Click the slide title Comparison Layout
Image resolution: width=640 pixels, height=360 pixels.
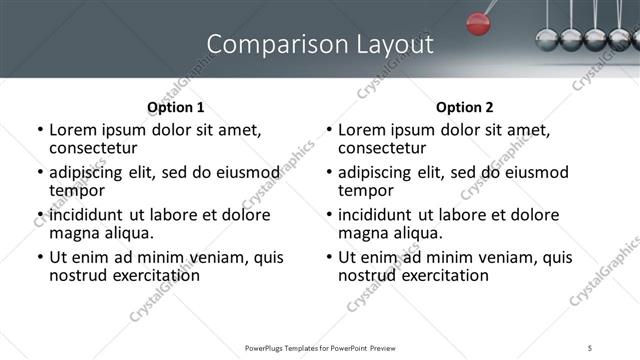click(320, 44)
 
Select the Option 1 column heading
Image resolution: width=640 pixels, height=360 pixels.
click(175, 107)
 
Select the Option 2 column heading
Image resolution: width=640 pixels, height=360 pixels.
click(464, 107)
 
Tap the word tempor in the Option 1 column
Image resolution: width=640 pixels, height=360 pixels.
click(77, 190)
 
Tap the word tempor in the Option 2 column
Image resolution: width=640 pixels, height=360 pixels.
click(366, 190)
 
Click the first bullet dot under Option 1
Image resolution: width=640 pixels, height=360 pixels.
click(40, 130)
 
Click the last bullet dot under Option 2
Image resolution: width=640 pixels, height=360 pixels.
click(329, 258)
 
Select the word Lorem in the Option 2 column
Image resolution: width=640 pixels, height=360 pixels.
click(361, 130)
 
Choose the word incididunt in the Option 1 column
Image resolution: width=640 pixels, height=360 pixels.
click(89, 215)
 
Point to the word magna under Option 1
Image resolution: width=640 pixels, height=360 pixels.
click(73, 233)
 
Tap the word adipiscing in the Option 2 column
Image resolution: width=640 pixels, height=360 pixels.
click(378, 172)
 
